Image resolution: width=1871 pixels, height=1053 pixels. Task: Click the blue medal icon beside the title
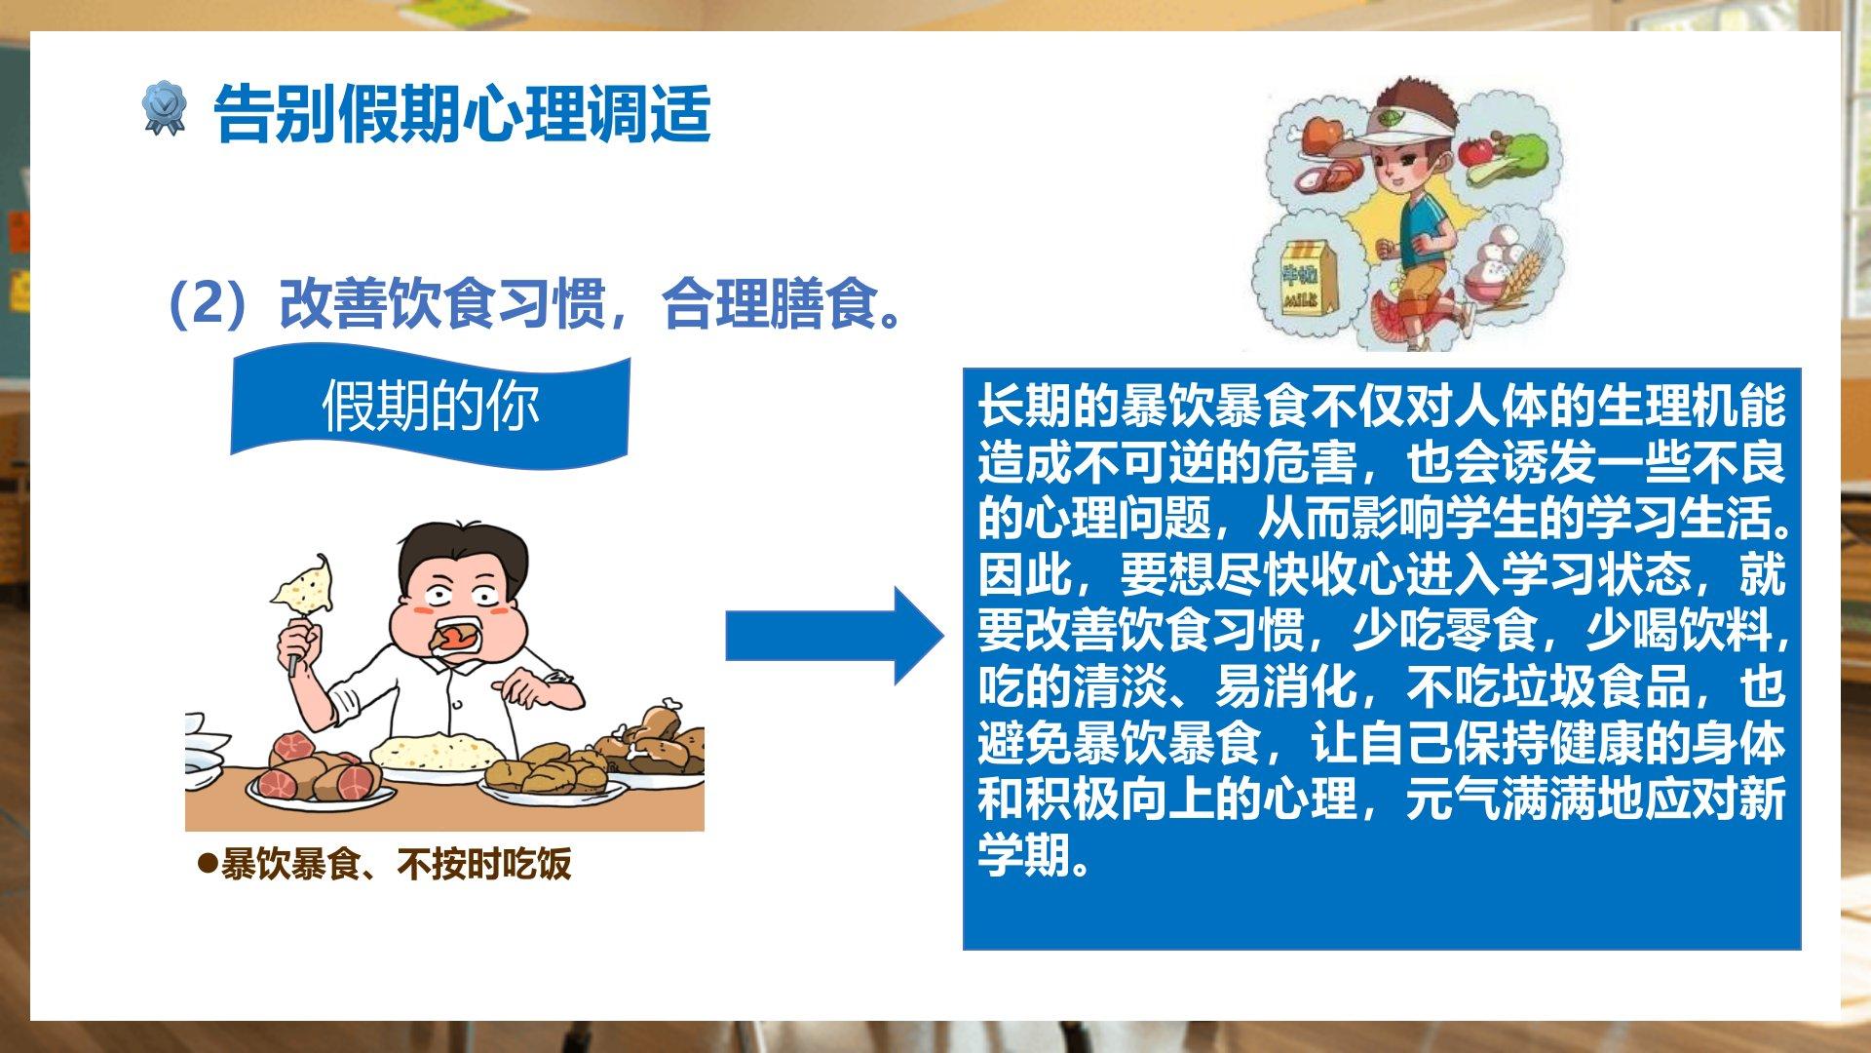[164, 108]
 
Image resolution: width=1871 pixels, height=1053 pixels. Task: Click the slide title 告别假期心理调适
[462, 113]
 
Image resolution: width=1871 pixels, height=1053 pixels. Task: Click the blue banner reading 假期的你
[430, 406]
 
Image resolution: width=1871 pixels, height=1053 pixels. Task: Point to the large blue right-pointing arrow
[835, 636]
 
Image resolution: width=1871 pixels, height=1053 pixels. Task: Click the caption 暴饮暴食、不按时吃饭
[396, 864]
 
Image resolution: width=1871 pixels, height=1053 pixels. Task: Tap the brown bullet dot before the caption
[207, 864]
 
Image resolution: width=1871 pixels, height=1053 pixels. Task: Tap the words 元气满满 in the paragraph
[1499, 799]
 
